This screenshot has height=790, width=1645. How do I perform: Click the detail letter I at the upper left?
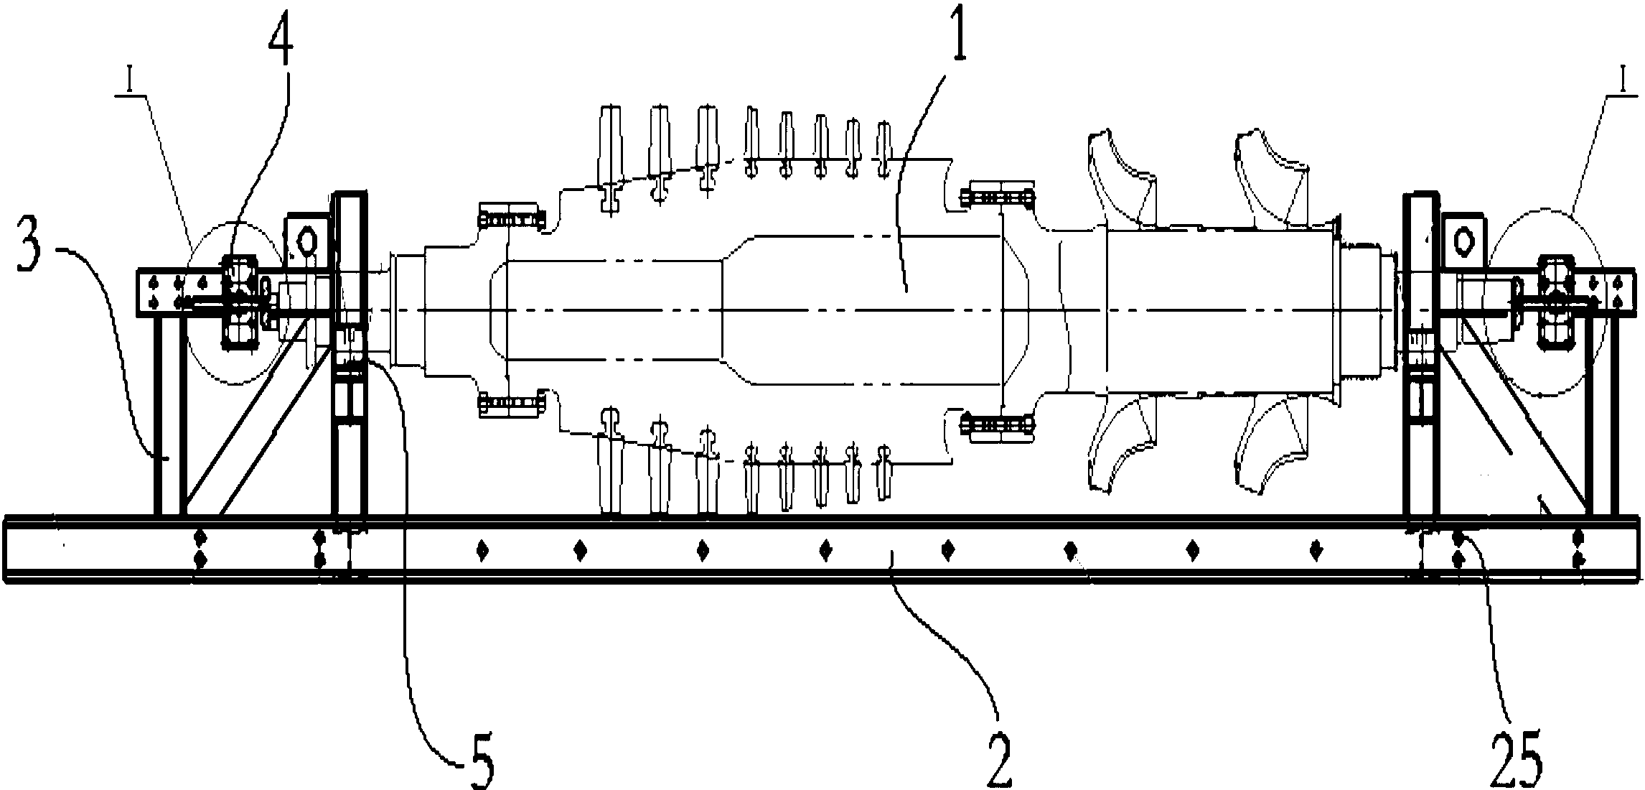point(129,82)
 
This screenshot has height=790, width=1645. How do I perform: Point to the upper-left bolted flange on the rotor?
point(510,215)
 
